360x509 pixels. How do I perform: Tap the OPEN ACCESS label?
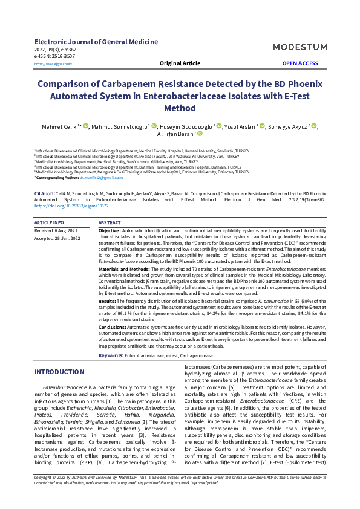point(299,63)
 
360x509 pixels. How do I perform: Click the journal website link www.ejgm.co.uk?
point(53,63)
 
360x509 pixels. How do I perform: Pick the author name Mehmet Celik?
point(58,126)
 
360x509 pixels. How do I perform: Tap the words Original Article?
point(180,63)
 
